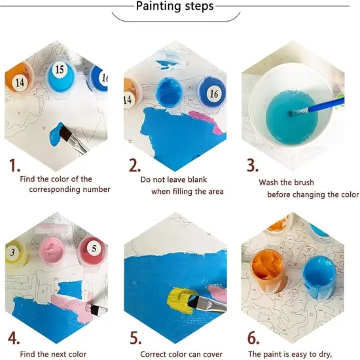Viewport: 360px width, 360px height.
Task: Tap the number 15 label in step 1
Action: pos(59,69)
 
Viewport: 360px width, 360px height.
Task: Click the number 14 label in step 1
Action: pos(18,82)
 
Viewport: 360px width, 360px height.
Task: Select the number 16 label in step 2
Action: pos(213,94)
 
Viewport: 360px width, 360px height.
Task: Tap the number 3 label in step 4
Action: pos(12,252)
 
